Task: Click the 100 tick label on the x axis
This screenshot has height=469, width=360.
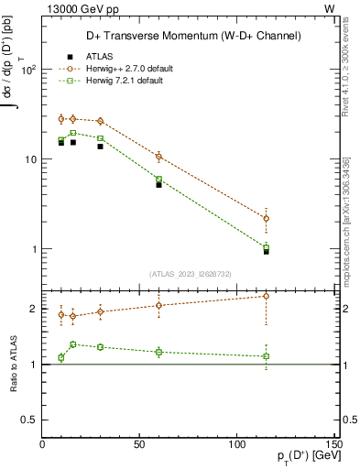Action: click(x=236, y=446)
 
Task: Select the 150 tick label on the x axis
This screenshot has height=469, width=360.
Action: click(x=333, y=446)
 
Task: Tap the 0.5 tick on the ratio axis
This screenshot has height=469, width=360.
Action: click(x=27, y=420)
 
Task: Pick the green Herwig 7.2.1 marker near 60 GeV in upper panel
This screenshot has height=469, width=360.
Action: click(x=158, y=180)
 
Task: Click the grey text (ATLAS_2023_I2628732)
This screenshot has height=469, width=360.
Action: click(x=191, y=273)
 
